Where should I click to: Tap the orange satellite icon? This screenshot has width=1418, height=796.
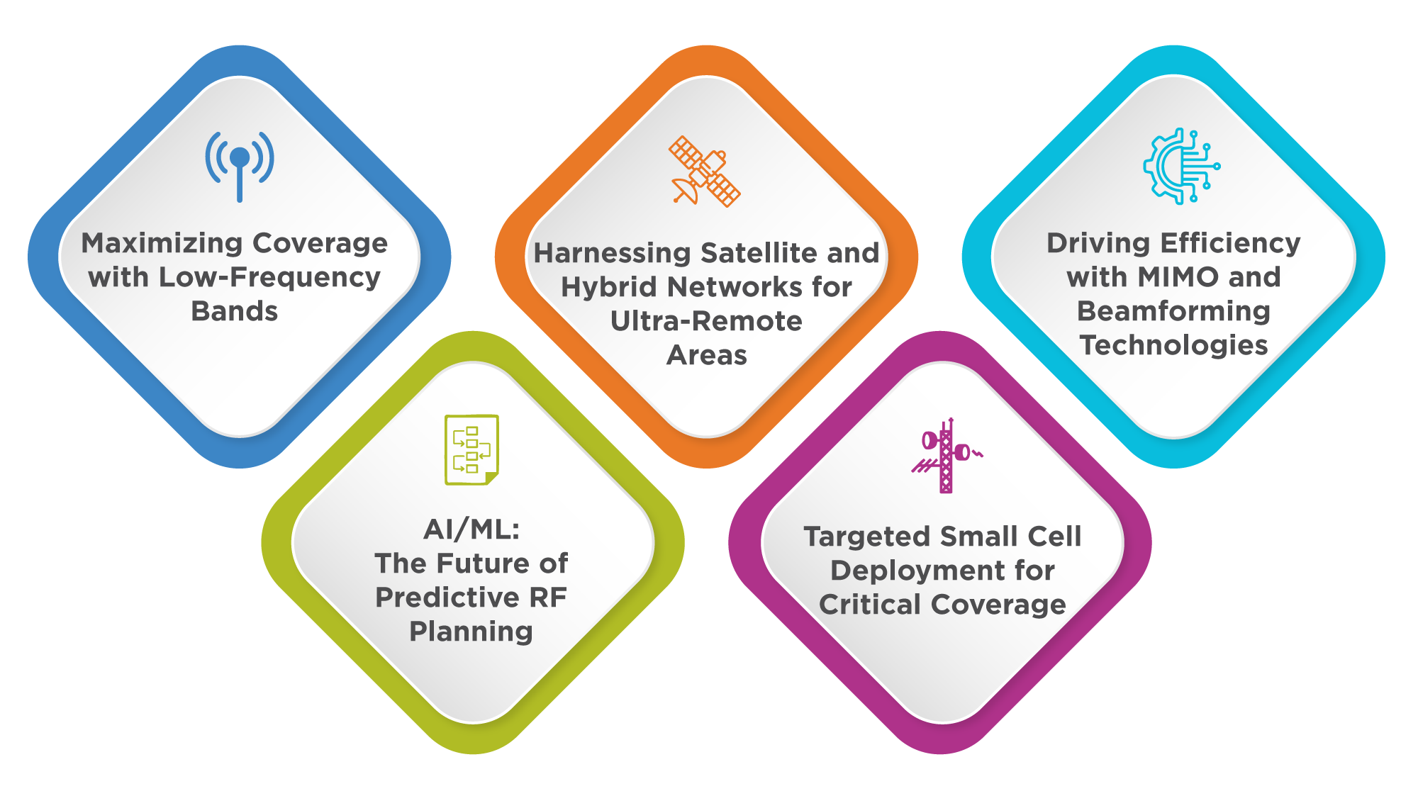point(705,171)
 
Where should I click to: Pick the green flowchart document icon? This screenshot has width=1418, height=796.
point(471,450)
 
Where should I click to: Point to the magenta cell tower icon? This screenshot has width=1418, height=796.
point(947,455)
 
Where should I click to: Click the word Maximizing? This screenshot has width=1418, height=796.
point(162,243)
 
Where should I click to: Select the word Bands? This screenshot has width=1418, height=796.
point(235,311)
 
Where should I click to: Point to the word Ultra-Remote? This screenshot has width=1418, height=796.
point(706,321)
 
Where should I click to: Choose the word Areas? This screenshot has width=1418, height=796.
point(707,355)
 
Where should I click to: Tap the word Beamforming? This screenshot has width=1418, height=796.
point(1173,311)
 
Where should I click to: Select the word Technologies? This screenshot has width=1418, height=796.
point(1173,345)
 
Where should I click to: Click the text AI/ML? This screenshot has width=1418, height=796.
point(471,529)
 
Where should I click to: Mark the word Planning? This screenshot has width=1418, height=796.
point(471,632)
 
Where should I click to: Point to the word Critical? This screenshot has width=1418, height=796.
point(870,605)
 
